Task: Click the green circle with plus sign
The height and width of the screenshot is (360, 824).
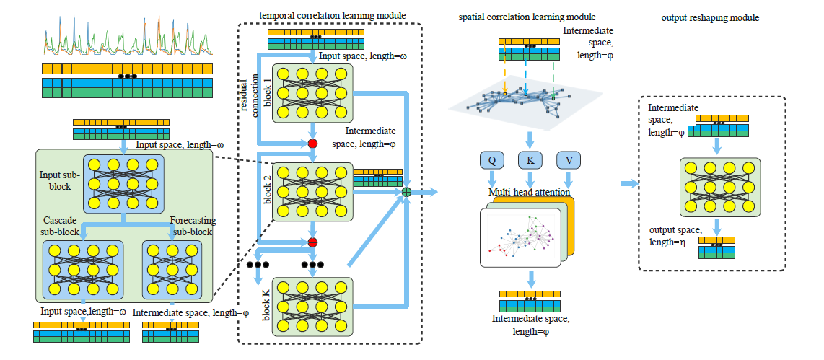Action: pyautogui.click(x=406, y=192)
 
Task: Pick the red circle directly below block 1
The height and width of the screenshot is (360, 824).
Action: pyautogui.click(x=312, y=144)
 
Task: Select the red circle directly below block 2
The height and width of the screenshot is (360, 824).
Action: pyautogui.click(x=312, y=242)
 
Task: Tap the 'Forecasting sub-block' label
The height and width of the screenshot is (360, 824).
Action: pyautogui.click(x=191, y=226)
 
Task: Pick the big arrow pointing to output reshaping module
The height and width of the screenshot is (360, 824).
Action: pyautogui.click(x=629, y=184)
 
